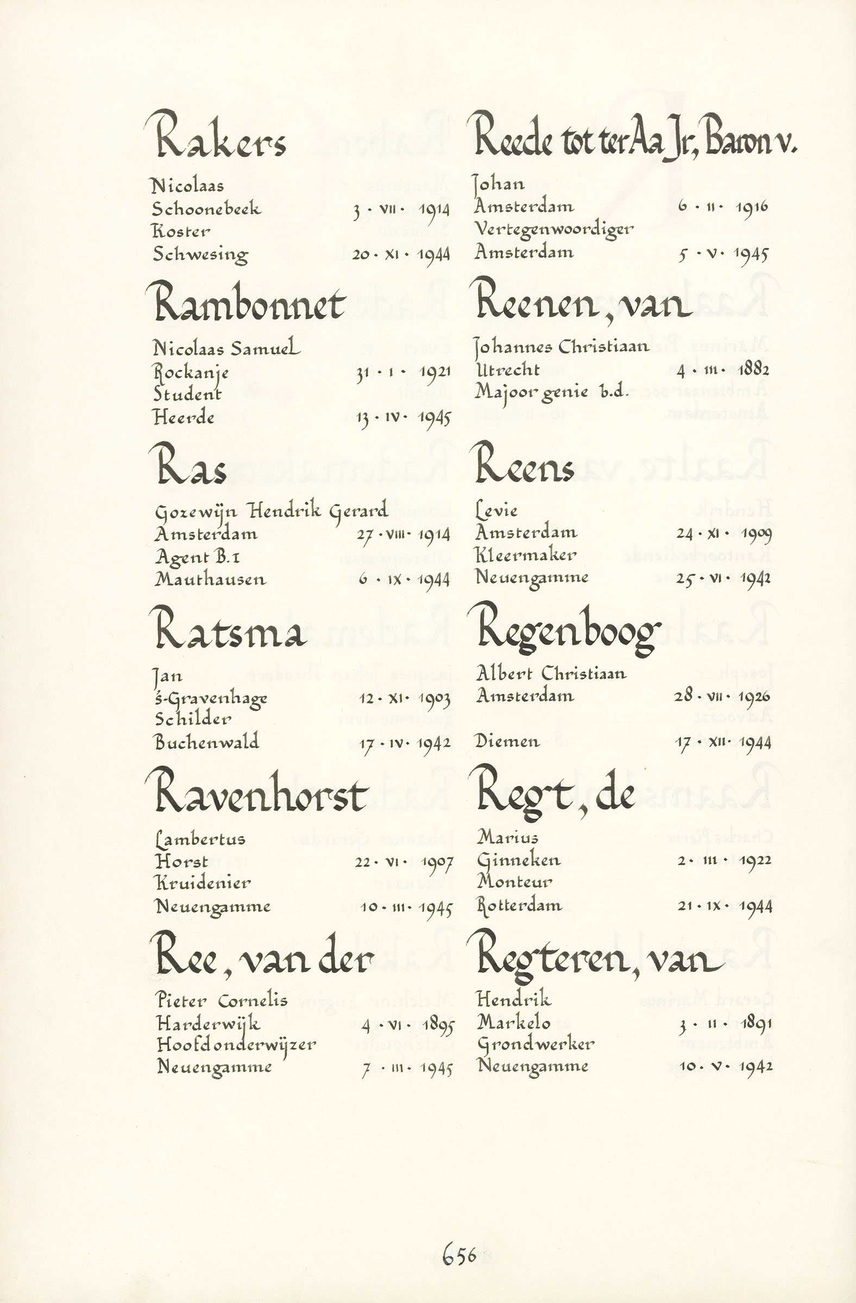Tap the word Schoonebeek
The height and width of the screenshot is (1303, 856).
tap(206, 208)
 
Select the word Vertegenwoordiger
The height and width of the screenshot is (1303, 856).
tap(553, 230)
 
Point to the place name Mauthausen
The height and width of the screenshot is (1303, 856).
tap(210, 579)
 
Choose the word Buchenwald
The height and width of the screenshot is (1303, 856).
tap(206, 742)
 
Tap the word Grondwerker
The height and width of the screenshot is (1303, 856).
tap(535, 1045)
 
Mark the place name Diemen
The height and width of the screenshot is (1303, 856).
tap(507, 742)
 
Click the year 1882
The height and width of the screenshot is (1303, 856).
tap(753, 370)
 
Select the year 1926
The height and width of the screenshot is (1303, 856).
tap(754, 697)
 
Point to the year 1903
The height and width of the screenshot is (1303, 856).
tap(434, 699)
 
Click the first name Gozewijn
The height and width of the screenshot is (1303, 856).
tap(196, 512)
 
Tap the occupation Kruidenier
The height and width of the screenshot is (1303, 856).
tap(203, 883)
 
